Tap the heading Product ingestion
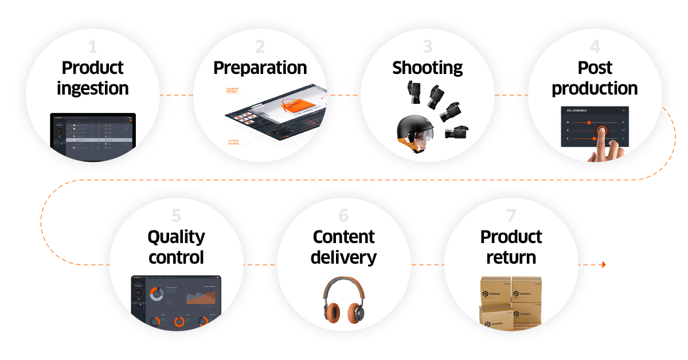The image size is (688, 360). click(x=93, y=78)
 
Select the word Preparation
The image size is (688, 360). click(x=260, y=68)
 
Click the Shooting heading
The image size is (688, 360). click(x=428, y=68)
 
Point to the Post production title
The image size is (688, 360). click(x=595, y=78)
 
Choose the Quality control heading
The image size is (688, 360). click(x=176, y=247)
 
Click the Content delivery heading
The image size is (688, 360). click(x=343, y=247)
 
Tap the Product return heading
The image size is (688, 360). click(x=511, y=247)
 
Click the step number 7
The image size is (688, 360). click(x=511, y=216)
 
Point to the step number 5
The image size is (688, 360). click(x=176, y=216)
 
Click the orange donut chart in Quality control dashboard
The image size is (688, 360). click(x=156, y=294)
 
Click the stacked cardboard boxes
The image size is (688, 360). click(x=511, y=303)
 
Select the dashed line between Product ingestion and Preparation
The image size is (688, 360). click(x=175, y=95)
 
